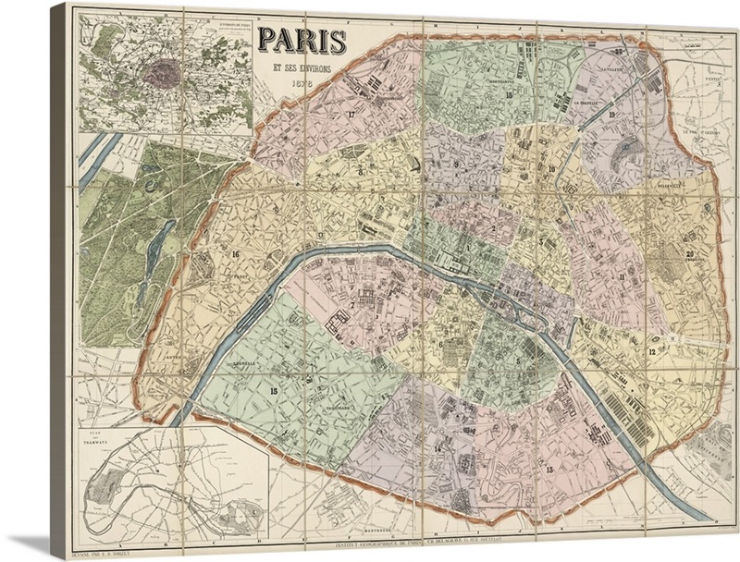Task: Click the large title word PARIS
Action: point(302,41)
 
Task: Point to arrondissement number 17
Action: point(351,114)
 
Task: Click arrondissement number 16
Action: point(237,255)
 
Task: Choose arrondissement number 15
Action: point(273,391)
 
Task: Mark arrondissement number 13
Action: point(549,470)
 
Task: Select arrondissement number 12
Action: point(652,352)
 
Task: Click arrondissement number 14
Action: point(438,449)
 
